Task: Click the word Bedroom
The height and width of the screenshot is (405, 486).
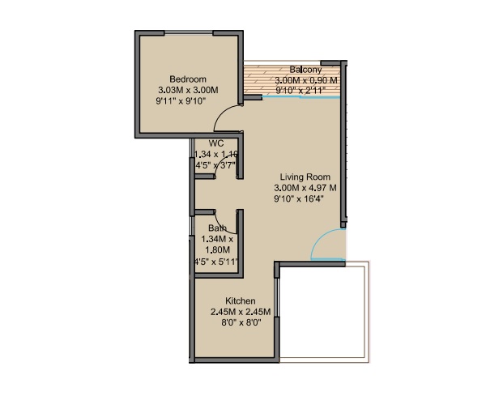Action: tap(188, 79)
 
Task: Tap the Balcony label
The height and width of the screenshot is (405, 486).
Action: tap(305, 70)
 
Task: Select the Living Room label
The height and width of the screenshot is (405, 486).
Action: tap(305, 177)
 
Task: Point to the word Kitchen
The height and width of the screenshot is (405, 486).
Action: tap(241, 301)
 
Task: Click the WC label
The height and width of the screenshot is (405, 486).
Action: tap(216, 143)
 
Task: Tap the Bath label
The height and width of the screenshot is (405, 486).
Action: tap(217, 228)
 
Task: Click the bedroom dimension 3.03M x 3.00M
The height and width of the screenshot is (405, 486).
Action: tap(188, 90)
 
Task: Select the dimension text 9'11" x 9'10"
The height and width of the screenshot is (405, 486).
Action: tap(181, 101)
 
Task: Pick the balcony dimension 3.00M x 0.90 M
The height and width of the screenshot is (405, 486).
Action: tap(306, 80)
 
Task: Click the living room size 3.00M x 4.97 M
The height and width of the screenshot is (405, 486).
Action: tap(305, 188)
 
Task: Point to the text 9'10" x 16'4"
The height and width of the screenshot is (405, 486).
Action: tap(298, 198)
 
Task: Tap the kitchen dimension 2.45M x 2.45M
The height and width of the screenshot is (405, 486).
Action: tap(241, 312)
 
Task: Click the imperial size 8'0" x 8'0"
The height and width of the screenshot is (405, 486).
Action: tap(241, 322)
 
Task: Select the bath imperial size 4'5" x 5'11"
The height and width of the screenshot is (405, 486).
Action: tap(215, 262)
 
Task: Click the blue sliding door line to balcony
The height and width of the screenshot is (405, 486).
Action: tap(301, 97)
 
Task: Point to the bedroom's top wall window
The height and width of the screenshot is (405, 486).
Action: tap(189, 32)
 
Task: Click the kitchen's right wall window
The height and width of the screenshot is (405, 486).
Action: tap(277, 297)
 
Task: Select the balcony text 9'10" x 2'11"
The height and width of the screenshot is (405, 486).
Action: tap(301, 91)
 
